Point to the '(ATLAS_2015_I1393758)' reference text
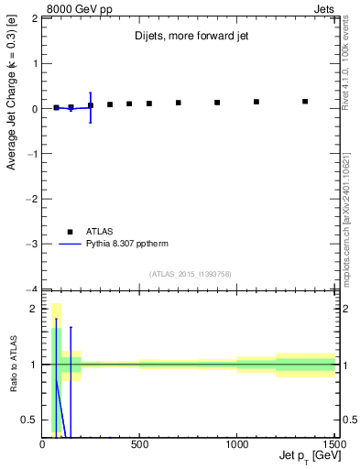191,273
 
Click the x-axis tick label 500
140,445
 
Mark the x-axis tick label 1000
237,445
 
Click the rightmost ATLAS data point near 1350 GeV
305,101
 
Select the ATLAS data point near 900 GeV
217,103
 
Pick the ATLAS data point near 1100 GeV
256,102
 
